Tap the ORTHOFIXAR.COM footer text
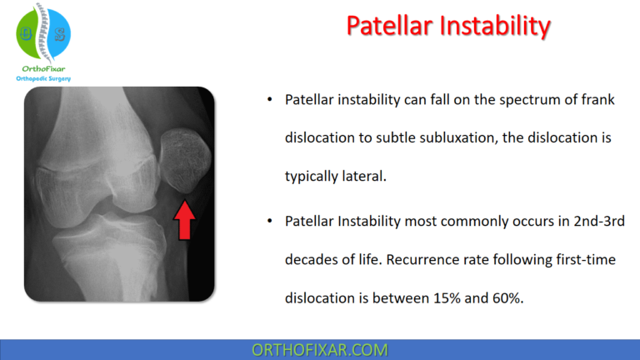[319, 349]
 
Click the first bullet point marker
[269, 100]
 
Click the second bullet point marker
[269, 222]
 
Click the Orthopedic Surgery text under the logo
[44, 78]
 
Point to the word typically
[311, 177]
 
